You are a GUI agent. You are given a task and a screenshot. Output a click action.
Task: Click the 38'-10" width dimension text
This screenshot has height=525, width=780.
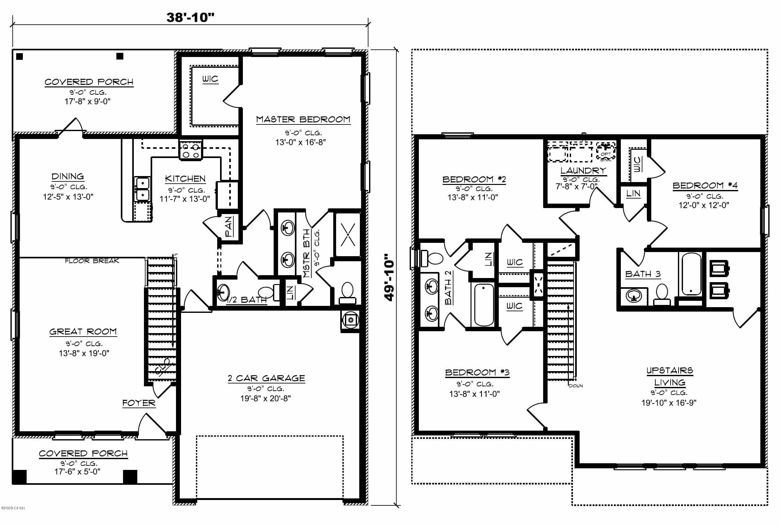coord(190,18)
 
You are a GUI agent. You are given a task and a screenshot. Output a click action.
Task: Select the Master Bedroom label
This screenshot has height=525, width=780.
coord(303,119)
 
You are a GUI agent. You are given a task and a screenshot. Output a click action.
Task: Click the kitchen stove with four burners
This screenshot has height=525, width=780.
coord(191,150)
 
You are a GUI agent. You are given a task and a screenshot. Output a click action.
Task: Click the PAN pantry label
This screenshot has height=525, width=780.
coord(229,226)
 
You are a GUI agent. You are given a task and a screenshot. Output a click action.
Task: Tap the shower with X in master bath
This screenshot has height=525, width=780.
coord(348,234)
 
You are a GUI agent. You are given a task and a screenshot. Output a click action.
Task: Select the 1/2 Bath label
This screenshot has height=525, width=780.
coord(247,300)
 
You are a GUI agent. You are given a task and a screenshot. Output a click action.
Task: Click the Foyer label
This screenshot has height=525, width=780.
coord(139,403)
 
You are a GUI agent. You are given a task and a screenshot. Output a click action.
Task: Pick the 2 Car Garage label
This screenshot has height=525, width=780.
coord(266,378)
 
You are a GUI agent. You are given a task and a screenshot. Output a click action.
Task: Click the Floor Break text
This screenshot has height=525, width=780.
coord(92,261)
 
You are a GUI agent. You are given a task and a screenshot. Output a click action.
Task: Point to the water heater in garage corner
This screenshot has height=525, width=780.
coord(351,320)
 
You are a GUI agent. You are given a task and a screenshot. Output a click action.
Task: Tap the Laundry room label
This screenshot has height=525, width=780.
coord(583,170)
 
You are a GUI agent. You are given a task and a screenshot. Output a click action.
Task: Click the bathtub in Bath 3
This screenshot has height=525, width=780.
coord(691,274)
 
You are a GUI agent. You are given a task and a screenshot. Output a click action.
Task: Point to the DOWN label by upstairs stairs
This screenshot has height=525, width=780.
coord(575,386)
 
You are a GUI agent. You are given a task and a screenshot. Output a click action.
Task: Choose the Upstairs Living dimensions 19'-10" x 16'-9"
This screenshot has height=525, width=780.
coord(669,403)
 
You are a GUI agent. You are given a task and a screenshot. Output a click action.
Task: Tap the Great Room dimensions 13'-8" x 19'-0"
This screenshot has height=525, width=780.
coord(84,353)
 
